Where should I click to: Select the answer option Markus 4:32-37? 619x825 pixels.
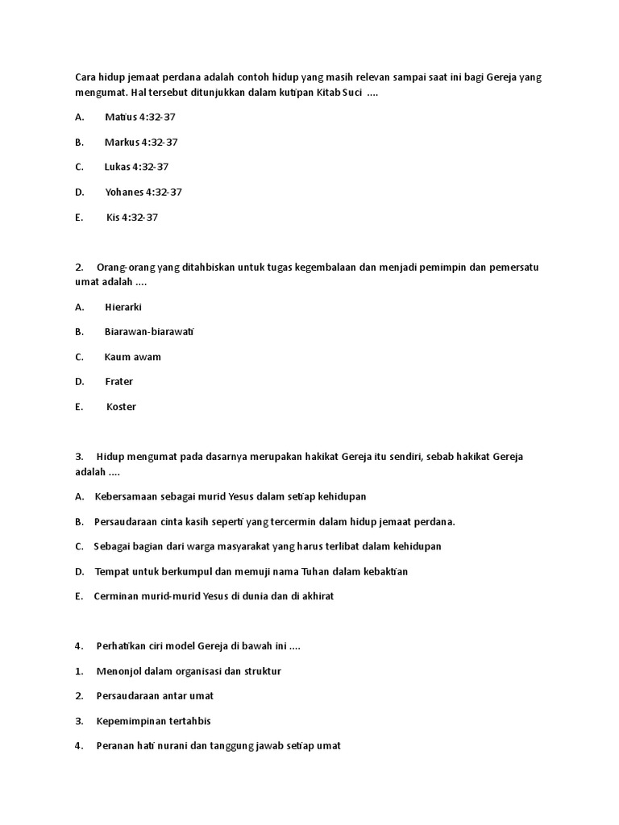[140, 142]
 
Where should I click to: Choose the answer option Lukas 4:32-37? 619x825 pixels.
[136, 167]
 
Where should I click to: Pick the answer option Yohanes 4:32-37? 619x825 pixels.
[143, 192]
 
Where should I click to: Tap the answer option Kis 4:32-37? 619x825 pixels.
[132, 218]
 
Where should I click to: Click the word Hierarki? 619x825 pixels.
[123, 307]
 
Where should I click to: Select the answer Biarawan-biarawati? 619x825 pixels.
[149, 331]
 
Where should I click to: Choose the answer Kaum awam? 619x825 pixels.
[132, 357]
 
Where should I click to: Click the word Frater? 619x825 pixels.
[119, 381]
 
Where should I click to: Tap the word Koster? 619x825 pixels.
[121, 407]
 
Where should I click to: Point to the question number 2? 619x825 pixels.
[78, 267]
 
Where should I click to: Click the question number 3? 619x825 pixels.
[78, 457]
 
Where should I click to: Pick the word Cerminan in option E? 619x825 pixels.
[117, 596]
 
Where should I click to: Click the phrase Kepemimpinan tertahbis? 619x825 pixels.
[153, 721]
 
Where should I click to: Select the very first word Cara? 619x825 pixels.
[85, 78]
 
